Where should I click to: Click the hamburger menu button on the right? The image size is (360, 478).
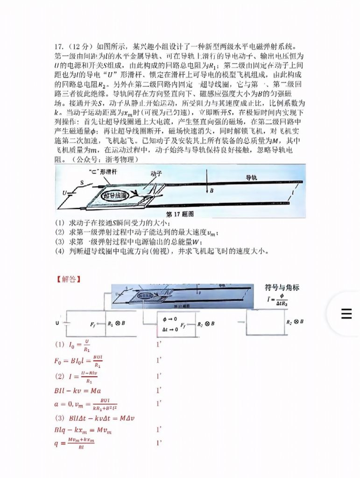346,314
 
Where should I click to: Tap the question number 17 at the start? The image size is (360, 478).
58,47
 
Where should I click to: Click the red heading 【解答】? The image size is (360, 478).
68,279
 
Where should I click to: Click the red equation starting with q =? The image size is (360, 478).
74,441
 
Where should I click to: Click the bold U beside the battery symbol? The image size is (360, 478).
57,323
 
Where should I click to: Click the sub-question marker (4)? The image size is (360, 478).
59,251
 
